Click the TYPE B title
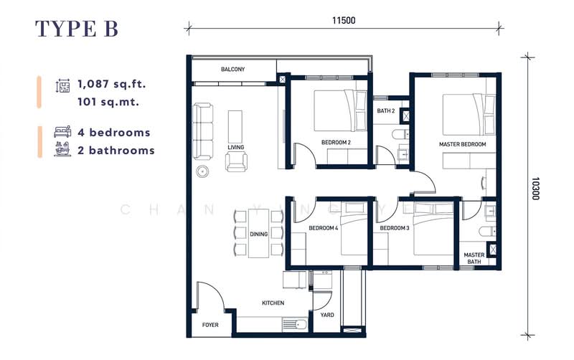[x=77, y=28]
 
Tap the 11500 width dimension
[x=344, y=20]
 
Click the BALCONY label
[x=233, y=70]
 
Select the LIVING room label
[x=235, y=147]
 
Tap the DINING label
[x=258, y=234]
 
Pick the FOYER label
[x=210, y=325]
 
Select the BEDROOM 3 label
[x=395, y=228]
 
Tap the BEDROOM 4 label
[x=323, y=228]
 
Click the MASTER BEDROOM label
[x=462, y=144]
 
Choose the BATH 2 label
[x=386, y=110]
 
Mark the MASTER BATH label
[x=474, y=258]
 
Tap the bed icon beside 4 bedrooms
[x=62, y=132]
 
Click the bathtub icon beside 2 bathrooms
[x=62, y=150]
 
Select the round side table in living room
[x=204, y=171]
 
